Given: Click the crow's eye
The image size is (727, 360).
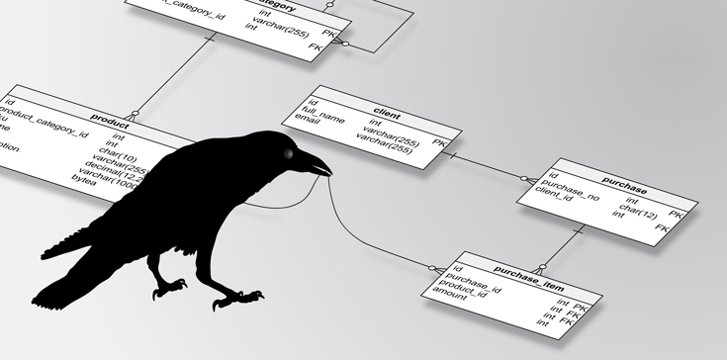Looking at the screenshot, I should pos(290,154).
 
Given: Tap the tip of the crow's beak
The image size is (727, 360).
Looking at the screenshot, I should pos(330,177).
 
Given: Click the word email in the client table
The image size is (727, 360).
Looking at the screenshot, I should pos(308,129).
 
